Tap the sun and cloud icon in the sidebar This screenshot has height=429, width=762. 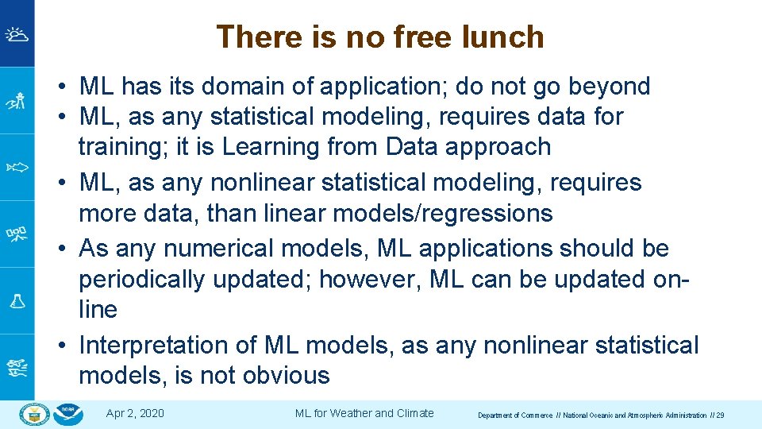17,34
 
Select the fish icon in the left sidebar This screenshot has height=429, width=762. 17,167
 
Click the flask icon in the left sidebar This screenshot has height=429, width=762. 17,301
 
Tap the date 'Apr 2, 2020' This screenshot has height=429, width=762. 135,413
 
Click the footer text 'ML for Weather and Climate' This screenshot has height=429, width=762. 364,413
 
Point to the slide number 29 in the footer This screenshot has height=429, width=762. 719,415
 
